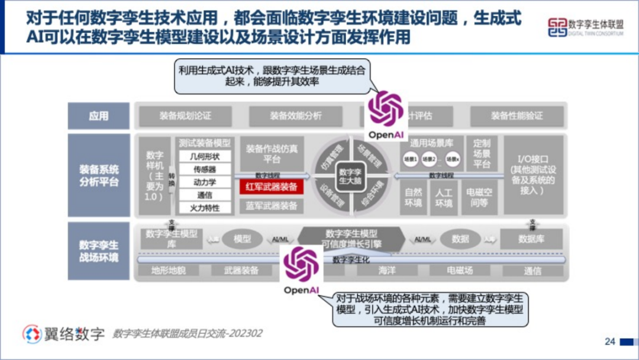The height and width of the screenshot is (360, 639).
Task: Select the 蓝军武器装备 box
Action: coord(271,206)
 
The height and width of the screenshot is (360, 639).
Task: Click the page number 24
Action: coord(610,342)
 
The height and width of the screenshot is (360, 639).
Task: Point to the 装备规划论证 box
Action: coord(185,116)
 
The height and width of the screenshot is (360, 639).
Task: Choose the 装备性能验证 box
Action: coord(516,116)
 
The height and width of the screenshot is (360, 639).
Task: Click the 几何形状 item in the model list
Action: coord(204,157)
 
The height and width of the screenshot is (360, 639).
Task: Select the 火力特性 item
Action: coord(204,208)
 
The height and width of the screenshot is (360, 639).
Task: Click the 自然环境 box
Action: coord(414,198)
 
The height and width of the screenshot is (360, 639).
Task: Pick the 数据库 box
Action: coord(531,239)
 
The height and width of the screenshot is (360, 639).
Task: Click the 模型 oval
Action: coord(242,239)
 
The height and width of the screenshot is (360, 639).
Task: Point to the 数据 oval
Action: coord(460,239)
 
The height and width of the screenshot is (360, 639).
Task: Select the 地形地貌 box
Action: coord(169,271)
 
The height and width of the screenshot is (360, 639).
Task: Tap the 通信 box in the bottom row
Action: coord(532,271)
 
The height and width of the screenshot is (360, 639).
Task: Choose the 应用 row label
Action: coord(99,116)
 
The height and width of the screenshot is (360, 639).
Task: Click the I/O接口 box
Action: coord(532,175)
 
